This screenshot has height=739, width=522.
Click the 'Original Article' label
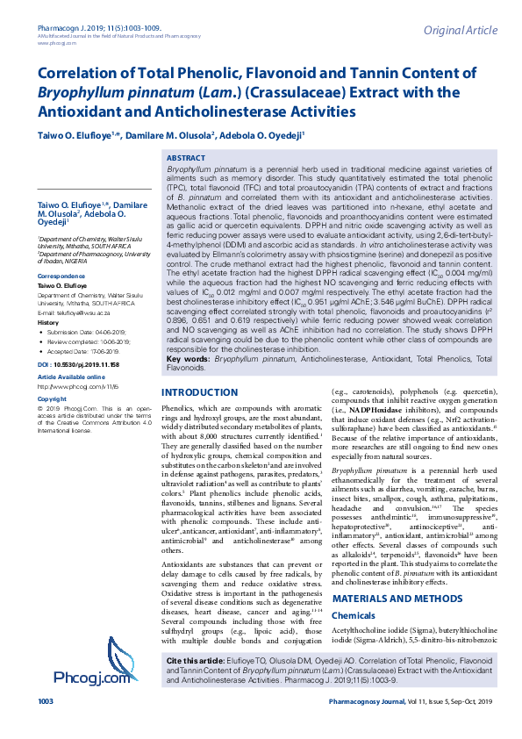point(459,31)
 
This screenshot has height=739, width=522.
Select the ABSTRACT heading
point(185,157)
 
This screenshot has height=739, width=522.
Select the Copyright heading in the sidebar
point(52,398)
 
